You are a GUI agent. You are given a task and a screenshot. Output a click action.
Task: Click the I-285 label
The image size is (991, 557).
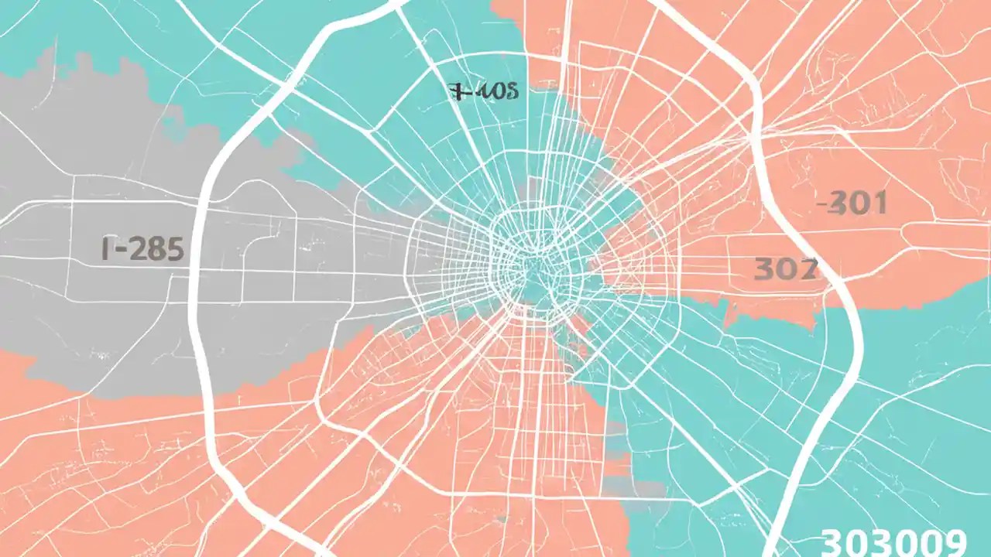point(142,249)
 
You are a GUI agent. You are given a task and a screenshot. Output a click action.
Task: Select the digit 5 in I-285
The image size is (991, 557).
point(173,249)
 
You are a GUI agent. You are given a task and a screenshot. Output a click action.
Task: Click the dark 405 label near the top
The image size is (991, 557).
point(485,92)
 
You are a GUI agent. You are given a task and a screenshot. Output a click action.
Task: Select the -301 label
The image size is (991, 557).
point(852,203)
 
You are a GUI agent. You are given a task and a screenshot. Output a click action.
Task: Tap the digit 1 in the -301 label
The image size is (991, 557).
point(880,203)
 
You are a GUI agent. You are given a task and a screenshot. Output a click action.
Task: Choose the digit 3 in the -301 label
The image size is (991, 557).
point(838,203)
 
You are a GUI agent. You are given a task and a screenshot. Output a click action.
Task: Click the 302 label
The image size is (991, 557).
point(785,269)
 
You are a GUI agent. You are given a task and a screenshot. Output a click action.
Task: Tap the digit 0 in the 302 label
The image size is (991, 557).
point(785,269)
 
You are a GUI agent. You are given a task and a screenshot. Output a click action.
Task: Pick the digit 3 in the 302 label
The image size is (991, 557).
point(765,269)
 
